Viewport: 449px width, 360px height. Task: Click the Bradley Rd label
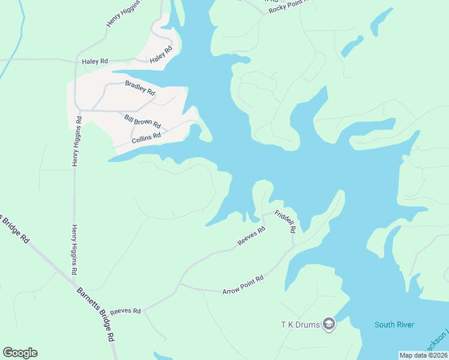(140, 89)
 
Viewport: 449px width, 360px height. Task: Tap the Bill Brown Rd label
(142, 121)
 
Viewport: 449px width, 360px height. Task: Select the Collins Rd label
(146, 138)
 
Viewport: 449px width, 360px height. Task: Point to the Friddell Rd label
(286, 221)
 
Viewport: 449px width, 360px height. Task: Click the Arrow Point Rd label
(243, 285)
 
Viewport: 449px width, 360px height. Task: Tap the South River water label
(394, 325)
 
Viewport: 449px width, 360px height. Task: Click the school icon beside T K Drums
(328, 325)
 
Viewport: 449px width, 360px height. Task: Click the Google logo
(20, 353)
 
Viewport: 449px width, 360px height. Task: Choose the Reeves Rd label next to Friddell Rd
(252, 236)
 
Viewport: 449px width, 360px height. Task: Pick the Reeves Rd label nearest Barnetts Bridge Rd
(125, 311)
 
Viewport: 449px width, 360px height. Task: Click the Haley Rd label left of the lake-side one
(95, 61)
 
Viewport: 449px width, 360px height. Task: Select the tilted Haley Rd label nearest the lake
(161, 55)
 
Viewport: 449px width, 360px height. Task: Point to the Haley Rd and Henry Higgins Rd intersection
(75, 61)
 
